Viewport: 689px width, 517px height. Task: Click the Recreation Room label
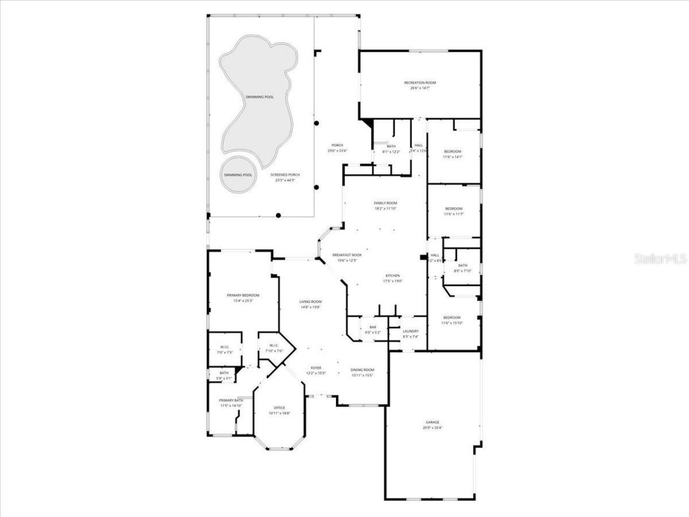coord(420,82)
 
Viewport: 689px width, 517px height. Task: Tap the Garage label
coord(432,422)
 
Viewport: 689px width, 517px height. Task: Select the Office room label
coord(279,408)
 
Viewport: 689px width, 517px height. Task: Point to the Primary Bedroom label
coord(243,295)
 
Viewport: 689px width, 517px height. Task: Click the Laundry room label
coord(411,331)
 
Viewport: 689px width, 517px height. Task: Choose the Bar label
coord(372,327)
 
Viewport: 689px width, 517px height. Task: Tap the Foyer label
coord(315,368)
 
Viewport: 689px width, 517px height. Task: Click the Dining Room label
coord(362,369)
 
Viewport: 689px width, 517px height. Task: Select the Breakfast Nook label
coord(347,255)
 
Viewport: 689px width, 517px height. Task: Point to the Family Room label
coord(385,202)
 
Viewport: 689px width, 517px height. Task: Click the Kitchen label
coord(392,275)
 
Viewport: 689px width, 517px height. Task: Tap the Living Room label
coord(311,302)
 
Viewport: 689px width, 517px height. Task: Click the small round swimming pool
coord(238,174)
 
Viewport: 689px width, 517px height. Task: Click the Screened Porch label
coord(285,174)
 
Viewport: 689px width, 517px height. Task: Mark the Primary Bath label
coord(230,400)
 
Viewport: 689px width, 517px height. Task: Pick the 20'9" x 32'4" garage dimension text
coord(432,428)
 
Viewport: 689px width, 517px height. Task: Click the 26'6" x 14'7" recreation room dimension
coord(420,88)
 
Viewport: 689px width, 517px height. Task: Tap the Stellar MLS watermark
coord(660,258)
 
